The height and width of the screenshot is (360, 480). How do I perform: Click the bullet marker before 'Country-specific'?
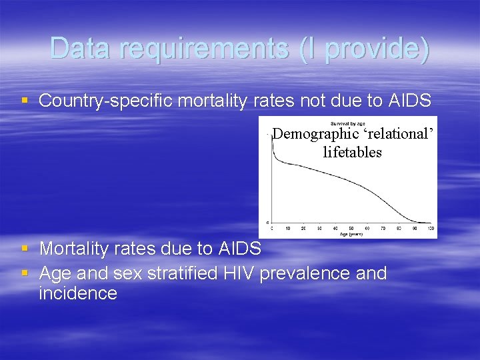25,101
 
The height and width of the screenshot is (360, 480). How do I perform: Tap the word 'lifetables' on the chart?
352,152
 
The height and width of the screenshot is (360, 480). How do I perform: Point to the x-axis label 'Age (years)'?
351,234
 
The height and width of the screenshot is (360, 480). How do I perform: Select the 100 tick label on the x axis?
431,228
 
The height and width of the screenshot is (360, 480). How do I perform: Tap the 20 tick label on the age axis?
303,228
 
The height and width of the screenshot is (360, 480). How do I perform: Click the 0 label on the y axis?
268,223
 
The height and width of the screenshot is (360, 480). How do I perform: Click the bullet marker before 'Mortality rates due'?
25,249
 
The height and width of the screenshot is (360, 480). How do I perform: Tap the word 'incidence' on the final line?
78,293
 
